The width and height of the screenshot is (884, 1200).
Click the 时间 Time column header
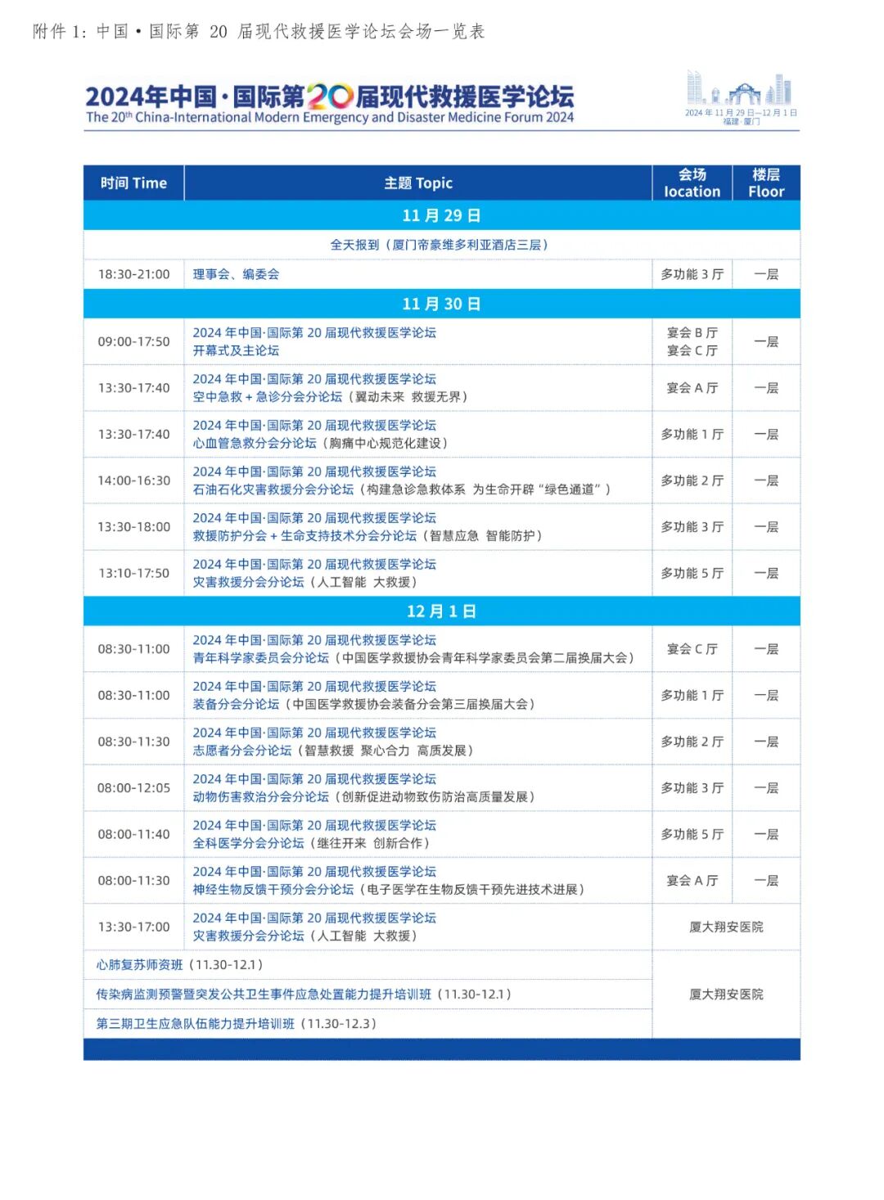point(133,183)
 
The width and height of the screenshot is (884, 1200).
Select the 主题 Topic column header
point(418,183)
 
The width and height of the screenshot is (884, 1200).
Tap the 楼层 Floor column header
point(766,183)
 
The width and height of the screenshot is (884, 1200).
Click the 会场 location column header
point(692,183)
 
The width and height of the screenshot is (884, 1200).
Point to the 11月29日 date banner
point(441,215)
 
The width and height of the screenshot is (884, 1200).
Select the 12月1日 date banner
point(441,611)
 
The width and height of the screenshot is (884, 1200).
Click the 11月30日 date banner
point(441,304)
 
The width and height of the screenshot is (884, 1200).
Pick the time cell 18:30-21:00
point(134,274)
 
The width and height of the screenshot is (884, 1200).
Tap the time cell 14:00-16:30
point(134,480)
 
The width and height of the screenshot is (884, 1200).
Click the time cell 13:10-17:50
point(134,573)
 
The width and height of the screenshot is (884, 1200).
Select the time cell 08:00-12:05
point(134,788)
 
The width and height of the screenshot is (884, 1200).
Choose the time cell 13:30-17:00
point(134,927)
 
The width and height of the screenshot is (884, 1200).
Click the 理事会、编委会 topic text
point(236,274)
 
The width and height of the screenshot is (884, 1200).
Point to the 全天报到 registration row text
point(440,245)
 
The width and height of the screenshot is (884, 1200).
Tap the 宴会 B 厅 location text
point(692,333)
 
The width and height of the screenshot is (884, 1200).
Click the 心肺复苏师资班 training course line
point(179,965)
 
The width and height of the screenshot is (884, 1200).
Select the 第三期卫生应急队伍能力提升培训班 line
point(236,1024)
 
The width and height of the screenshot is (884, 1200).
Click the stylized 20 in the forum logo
point(330,97)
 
